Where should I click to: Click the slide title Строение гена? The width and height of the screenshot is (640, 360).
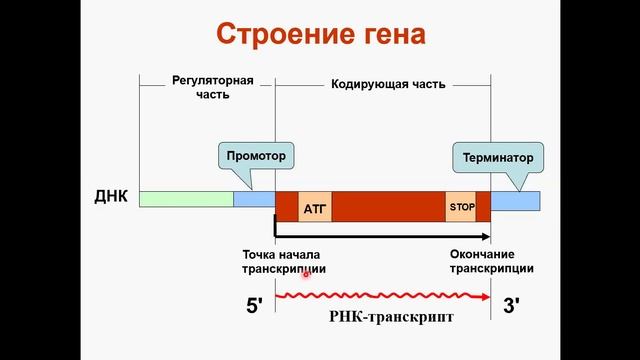tap(321, 36)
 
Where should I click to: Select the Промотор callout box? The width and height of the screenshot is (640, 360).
tap(256, 157)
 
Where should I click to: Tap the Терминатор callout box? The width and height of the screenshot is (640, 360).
tap(497, 158)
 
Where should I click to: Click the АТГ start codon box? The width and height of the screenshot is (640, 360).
tap(315, 207)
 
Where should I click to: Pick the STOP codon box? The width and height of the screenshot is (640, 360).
tap(461, 206)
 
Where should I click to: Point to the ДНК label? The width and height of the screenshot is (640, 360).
tap(111, 195)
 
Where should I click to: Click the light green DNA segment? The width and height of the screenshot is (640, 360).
tap(186, 199)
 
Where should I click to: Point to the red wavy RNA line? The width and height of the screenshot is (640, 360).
tap(380, 296)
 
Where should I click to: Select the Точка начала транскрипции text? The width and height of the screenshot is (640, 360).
tap(283, 262)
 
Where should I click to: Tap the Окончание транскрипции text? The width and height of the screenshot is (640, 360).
tap(491, 262)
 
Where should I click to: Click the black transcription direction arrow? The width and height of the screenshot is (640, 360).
tap(380, 236)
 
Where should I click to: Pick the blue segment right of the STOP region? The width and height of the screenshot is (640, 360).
tap(515, 200)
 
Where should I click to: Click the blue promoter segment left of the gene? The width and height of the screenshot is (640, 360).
tap(252, 200)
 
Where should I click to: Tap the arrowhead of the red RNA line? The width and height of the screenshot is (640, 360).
tap(486, 296)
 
